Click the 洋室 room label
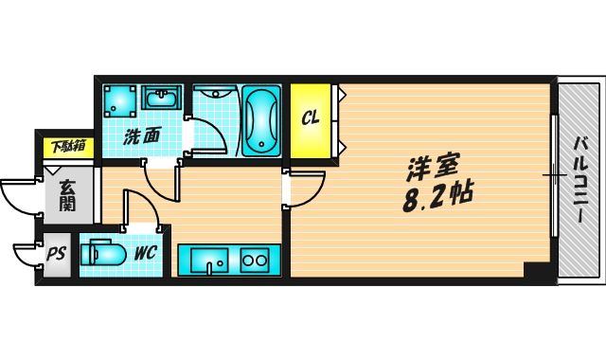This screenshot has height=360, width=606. (x=433, y=169)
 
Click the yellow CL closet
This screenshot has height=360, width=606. (x=310, y=120)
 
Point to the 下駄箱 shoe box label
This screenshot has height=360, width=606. (x=68, y=146)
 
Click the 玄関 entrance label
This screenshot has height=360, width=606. (x=68, y=194)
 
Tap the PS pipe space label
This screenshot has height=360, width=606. (x=57, y=254)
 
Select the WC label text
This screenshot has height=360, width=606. (x=144, y=253)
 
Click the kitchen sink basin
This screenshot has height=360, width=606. (x=207, y=259)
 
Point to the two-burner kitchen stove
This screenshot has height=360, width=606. (x=254, y=260)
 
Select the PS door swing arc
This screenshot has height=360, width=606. (x=26, y=258)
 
